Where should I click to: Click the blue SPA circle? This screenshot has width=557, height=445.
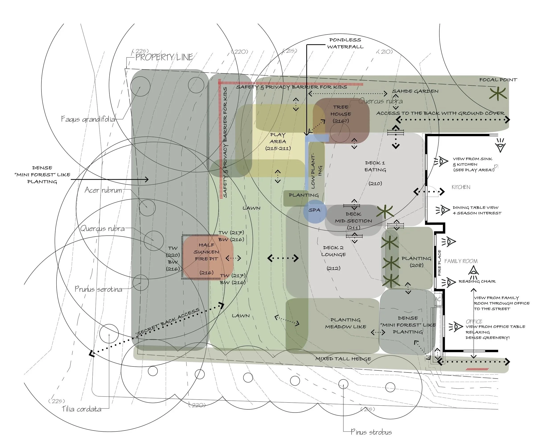(x=315, y=211)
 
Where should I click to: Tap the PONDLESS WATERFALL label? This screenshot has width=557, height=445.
(x=345, y=43)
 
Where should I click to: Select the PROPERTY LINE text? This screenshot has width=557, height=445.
(x=164, y=57)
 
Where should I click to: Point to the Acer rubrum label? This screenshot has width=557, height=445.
(x=103, y=190)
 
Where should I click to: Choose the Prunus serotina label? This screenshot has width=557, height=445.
(x=98, y=289)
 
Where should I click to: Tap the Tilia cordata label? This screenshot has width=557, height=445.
(x=82, y=409)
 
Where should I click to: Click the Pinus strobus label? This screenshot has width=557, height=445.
(x=371, y=432)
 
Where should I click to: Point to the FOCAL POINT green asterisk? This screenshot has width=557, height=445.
(x=498, y=94)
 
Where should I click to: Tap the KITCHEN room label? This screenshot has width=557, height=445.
(x=461, y=187)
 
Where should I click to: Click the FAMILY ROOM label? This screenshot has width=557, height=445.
(x=461, y=261)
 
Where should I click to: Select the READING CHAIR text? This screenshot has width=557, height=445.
(x=477, y=281)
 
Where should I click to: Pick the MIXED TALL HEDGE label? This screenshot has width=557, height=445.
(x=343, y=359)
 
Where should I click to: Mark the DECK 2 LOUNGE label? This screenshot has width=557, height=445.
(x=334, y=251)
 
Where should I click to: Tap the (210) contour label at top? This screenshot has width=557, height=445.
(x=385, y=52)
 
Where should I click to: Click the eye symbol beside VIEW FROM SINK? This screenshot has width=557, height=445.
(x=441, y=162)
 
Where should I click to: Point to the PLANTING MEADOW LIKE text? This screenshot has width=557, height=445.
(x=345, y=324)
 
